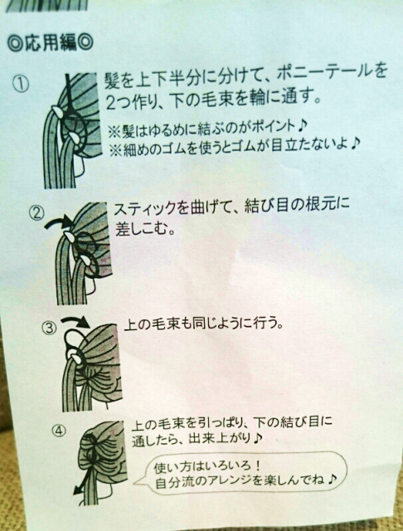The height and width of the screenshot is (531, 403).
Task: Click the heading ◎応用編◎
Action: (x=50, y=44)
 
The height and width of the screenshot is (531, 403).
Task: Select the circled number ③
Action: (x=50, y=328)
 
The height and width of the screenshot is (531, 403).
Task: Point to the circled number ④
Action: (x=59, y=431)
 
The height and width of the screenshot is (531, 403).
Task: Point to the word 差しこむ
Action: (x=142, y=230)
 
